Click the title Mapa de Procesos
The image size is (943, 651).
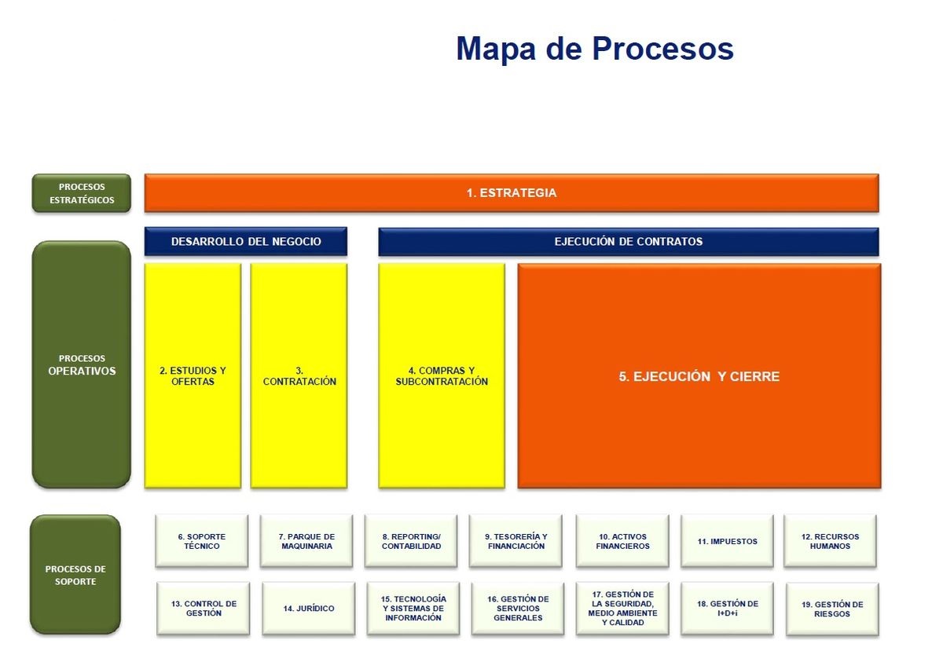pyautogui.click(x=595, y=49)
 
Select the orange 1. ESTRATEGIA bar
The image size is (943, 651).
pyautogui.click(x=512, y=193)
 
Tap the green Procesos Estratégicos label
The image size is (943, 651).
pyautogui.click(x=81, y=193)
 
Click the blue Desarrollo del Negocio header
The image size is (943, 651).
pyautogui.click(x=246, y=242)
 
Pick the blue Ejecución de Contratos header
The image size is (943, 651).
pyautogui.click(x=628, y=242)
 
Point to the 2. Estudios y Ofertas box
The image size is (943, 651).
pyautogui.click(x=193, y=375)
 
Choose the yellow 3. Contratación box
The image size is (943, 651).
pyautogui.click(x=299, y=375)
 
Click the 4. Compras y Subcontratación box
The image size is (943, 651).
pyautogui.click(x=442, y=375)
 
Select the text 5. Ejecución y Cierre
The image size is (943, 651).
pyautogui.click(x=699, y=377)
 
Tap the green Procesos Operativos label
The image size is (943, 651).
pyautogui.click(x=81, y=365)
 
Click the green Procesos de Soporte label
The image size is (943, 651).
pyautogui.click(x=75, y=575)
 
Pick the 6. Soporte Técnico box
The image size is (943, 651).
pyautogui.click(x=202, y=541)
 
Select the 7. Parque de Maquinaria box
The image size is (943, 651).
pyautogui.click(x=307, y=541)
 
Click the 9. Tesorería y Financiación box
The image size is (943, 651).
pyautogui.click(x=516, y=541)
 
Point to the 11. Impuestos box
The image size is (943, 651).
pyautogui.click(x=728, y=541)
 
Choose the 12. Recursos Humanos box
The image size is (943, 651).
pyautogui.click(x=830, y=541)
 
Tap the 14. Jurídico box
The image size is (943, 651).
pyautogui.click(x=308, y=609)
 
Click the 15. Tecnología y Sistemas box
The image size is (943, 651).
pyautogui.click(x=413, y=609)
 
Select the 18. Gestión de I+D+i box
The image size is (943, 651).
pyautogui.click(x=728, y=609)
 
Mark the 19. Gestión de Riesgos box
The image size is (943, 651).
pyautogui.click(x=832, y=609)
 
